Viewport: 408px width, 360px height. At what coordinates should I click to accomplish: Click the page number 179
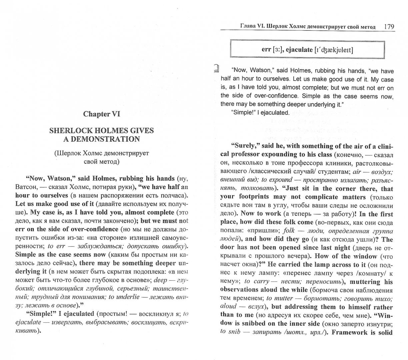(x=389, y=26)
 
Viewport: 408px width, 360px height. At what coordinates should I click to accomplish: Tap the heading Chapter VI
(x=101, y=114)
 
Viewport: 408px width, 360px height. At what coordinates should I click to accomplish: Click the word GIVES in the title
(x=140, y=130)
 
